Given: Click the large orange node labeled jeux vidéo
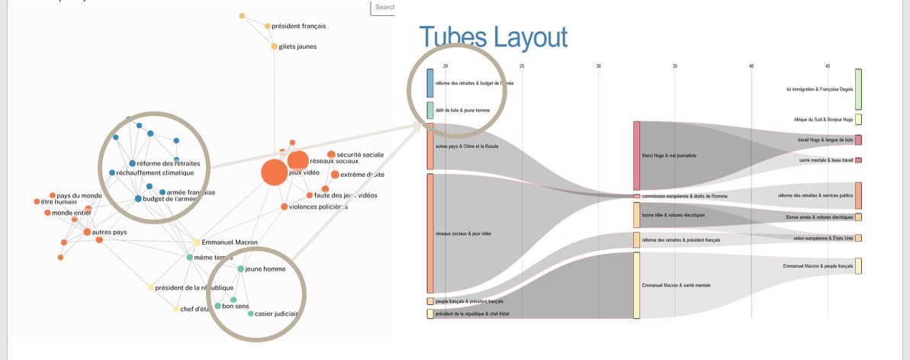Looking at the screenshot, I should click(x=275, y=172).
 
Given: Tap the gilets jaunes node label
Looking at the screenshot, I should click(x=297, y=47).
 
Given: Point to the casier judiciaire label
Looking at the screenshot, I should click(x=276, y=313).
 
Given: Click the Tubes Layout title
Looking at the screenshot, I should click(x=493, y=37).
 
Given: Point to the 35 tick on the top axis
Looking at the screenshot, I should click(x=675, y=66).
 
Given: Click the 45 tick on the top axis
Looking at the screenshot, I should click(x=828, y=66).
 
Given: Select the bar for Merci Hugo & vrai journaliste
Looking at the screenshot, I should click(x=637, y=156).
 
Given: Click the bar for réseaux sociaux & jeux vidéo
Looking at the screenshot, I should click(x=430, y=233).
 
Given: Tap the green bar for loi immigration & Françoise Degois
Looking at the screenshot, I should click(x=858, y=89).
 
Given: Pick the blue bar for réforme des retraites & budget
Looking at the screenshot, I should click(x=430, y=83).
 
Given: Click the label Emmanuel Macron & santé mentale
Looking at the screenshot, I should click(x=677, y=285).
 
